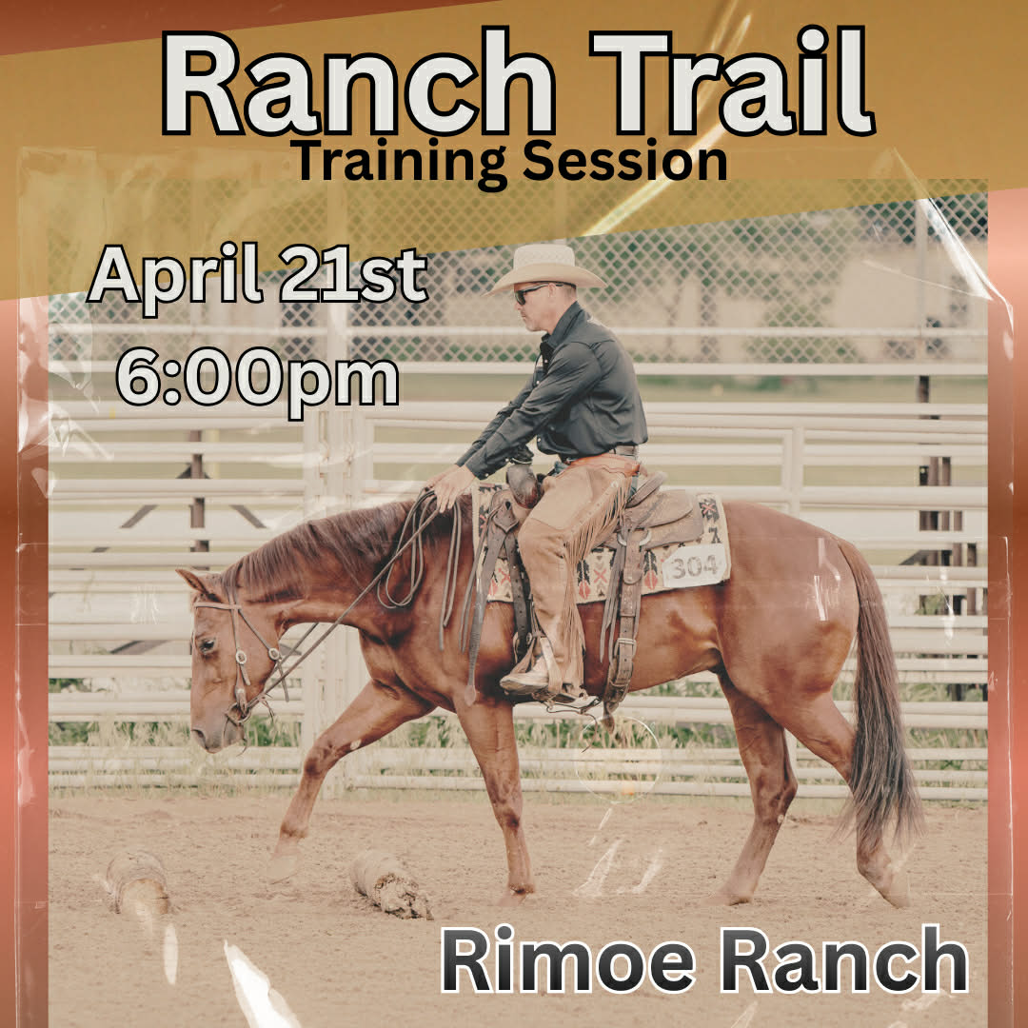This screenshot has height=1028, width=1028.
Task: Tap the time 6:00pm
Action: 257,379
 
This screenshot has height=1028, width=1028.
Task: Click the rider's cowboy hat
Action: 547,267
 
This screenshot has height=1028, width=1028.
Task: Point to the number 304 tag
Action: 695,567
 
